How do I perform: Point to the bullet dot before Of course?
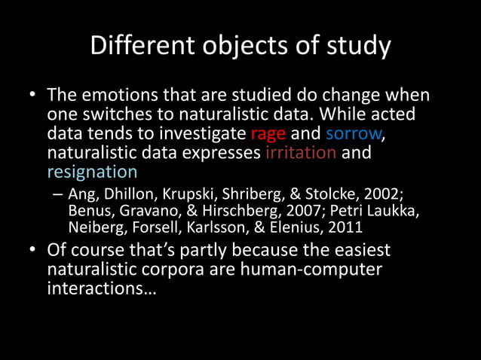tap(33, 249)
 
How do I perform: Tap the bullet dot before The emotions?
tap(33, 98)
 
